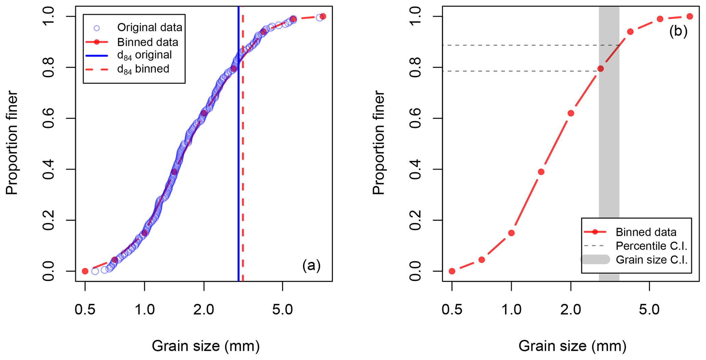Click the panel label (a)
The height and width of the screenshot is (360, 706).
tap(311, 265)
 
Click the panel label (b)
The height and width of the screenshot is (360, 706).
tap(678, 31)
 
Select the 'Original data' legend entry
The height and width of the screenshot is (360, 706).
tap(149, 27)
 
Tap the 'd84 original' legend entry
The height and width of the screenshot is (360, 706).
tap(144, 55)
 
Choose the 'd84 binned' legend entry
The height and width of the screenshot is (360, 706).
tap(143, 69)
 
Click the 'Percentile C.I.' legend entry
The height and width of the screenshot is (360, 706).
tap(651, 246)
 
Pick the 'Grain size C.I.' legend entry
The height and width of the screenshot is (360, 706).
tap(651, 260)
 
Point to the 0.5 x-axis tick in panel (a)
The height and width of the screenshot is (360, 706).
tap(85, 309)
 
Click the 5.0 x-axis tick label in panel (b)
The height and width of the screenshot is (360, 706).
tap(649, 309)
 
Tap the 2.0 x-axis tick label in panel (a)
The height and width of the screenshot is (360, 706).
tap(204, 309)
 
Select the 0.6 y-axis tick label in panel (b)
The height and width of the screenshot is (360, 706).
tap(415, 118)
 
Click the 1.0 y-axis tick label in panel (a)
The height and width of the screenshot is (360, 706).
tap(48, 16)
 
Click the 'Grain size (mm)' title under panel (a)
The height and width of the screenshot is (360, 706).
tap(206, 346)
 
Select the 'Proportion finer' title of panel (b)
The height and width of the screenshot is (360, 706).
tap(378, 143)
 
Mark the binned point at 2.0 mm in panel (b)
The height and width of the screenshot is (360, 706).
tap(570, 113)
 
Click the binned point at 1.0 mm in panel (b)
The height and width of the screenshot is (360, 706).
tap(511, 233)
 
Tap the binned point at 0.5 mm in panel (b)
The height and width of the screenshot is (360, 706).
tap(452, 271)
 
